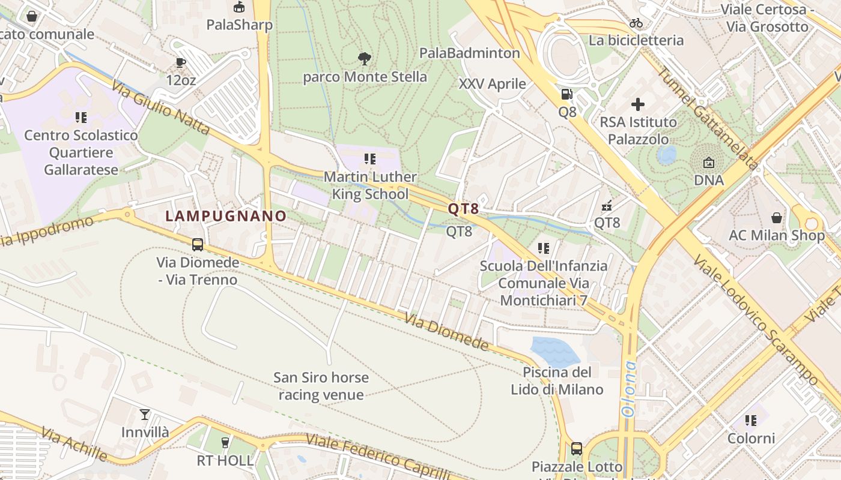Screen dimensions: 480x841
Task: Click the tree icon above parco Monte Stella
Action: (x=364, y=58)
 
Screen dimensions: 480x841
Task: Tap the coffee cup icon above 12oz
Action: (x=181, y=62)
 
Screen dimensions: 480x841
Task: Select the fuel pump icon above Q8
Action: (x=566, y=94)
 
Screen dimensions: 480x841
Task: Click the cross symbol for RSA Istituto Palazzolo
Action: (x=638, y=104)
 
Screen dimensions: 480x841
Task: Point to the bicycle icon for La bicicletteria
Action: (x=636, y=23)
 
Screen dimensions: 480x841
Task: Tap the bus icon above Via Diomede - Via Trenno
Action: (x=197, y=244)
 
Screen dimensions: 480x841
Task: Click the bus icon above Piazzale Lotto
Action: (x=577, y=448)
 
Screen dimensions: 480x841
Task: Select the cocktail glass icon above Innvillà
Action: (x=145, y=414)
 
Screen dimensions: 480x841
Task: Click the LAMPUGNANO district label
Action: (x=226, y=216)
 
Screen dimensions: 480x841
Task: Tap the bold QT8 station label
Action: (x=463, y=209)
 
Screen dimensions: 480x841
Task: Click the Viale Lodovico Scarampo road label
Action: (x=756, y=320)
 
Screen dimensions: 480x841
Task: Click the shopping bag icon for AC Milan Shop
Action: (x=777, y=217)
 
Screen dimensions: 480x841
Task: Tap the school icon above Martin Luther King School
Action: (x=370, y=159)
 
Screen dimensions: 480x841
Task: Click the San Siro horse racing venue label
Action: (x=321, y=386)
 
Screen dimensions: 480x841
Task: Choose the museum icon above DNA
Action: (x=709, y=162)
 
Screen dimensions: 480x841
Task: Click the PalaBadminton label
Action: (x=469, y=53)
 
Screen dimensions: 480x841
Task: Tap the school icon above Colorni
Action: (x=751, y=420)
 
